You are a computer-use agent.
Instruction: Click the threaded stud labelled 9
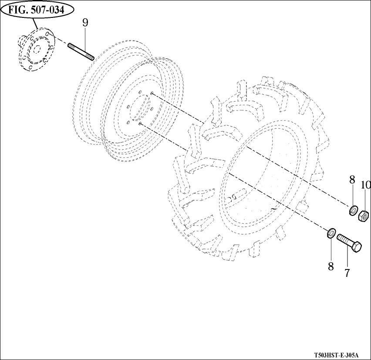pos(81,51)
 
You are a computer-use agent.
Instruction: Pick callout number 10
pos(365,185)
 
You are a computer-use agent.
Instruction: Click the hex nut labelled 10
pos(364,215)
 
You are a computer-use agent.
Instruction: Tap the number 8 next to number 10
pos(352,179)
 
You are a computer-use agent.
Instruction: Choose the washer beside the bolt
pos(331,232)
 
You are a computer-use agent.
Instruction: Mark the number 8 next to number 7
pos(331,266)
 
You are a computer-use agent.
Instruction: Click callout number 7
pos(347,273)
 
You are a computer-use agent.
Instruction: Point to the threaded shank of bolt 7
pos(343,239)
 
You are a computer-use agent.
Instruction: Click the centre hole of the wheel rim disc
pos(140,109)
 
